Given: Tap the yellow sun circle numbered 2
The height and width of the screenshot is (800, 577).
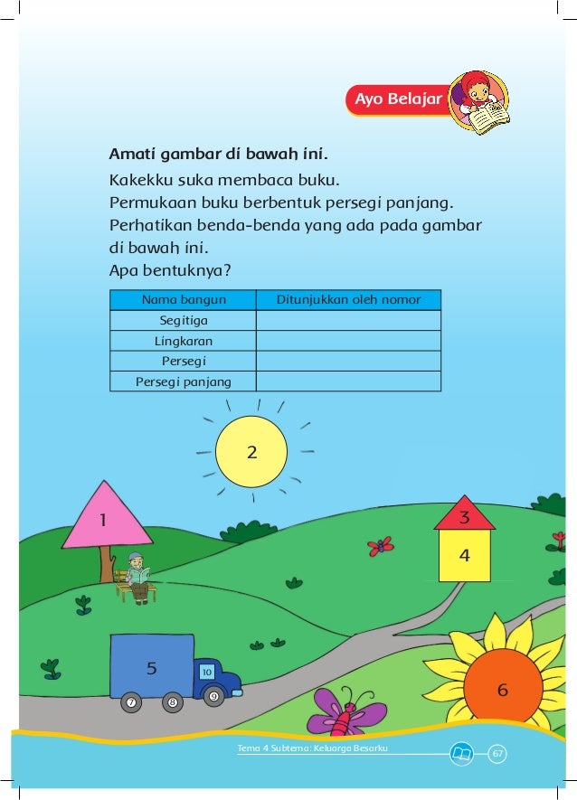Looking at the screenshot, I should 252,451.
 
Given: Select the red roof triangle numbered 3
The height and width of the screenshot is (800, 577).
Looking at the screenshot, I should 464,516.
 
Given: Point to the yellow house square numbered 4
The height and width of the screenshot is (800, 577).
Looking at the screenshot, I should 464,555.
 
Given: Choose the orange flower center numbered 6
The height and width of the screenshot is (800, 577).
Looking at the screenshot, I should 503,689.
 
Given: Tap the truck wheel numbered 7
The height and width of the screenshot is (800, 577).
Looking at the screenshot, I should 132,702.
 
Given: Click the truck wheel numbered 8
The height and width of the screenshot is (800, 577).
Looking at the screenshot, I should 171,702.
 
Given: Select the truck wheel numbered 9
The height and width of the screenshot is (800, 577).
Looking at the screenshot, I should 213,696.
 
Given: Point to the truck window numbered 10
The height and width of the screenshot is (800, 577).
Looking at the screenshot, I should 207,673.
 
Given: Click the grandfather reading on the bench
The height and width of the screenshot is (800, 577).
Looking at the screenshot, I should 137,577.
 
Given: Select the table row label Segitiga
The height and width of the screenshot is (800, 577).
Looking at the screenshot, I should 183,321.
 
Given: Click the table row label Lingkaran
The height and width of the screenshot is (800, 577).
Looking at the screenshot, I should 183,341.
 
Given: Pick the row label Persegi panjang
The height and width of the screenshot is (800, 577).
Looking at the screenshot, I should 183,381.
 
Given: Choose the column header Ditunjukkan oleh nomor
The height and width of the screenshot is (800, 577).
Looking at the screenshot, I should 347,300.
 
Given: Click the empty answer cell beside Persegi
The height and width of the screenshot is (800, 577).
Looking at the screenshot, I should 348,361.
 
